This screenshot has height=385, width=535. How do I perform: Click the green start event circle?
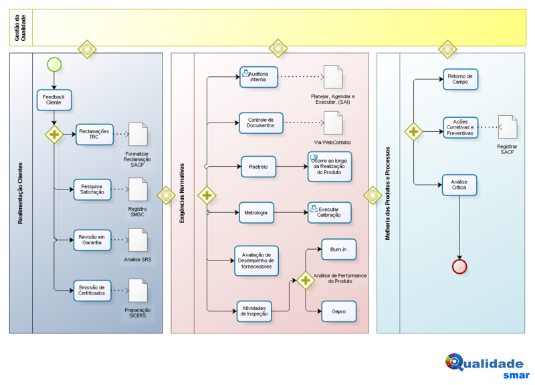54,64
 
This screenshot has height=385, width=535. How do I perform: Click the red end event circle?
459,266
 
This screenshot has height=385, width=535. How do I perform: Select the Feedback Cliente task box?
54,100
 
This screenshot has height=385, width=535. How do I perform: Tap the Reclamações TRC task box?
94,135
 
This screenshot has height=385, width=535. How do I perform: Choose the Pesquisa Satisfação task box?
92,189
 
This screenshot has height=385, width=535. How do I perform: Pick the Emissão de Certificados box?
92,291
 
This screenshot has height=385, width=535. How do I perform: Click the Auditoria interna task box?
259,77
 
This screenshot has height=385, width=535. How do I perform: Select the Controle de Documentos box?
261,123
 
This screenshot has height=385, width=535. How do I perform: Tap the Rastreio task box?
258,167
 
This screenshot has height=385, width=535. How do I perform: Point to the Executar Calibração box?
329,212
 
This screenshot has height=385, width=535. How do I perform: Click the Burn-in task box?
339,249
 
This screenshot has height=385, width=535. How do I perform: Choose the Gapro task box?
339,311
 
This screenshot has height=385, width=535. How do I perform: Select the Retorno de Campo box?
460,79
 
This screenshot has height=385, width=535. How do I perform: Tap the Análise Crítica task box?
459,185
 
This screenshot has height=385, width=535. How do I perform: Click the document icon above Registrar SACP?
508,127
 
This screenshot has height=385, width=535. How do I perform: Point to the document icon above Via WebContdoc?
333,123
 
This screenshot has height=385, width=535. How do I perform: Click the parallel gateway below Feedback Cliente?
54,135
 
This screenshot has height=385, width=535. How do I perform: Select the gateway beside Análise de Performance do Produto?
306,281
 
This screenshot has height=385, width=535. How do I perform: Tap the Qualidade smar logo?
488,366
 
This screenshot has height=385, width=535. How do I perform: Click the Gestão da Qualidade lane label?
20,27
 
